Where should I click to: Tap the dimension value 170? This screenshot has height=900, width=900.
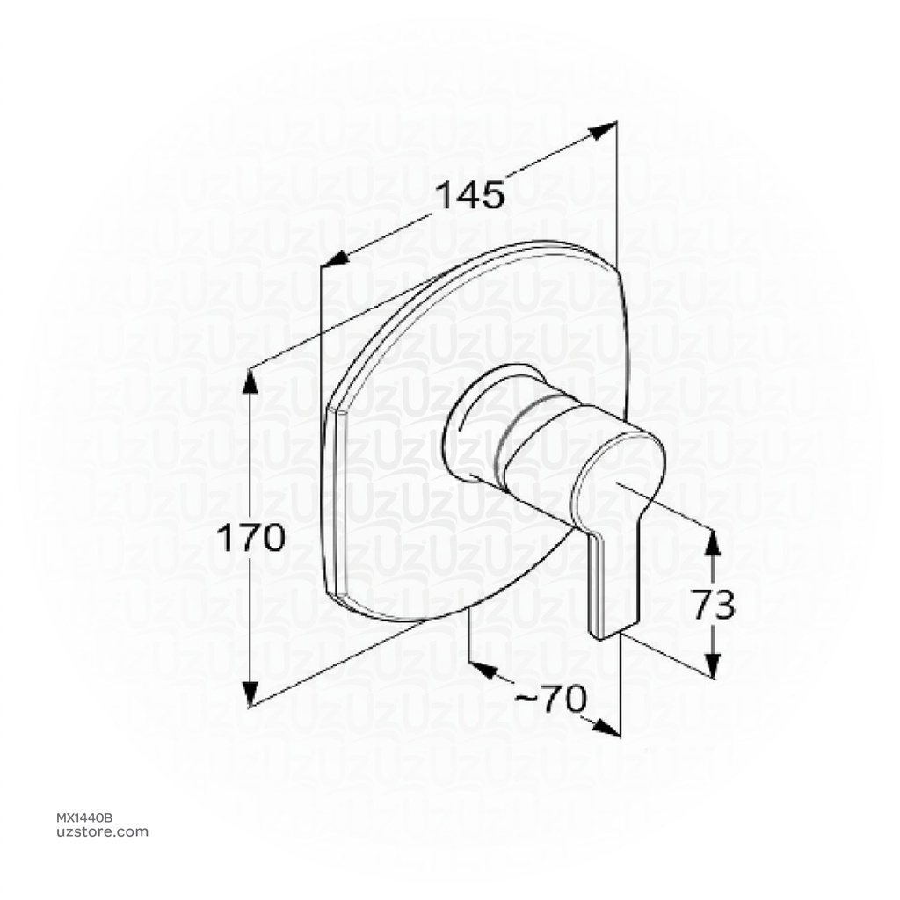(251, 537)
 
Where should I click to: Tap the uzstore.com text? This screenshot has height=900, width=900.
(102, 832)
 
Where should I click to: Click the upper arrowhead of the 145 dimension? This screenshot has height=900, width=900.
(604, 130)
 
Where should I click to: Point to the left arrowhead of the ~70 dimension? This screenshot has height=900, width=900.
(480, 669)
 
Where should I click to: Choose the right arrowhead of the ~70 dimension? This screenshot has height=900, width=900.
(606, 728)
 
